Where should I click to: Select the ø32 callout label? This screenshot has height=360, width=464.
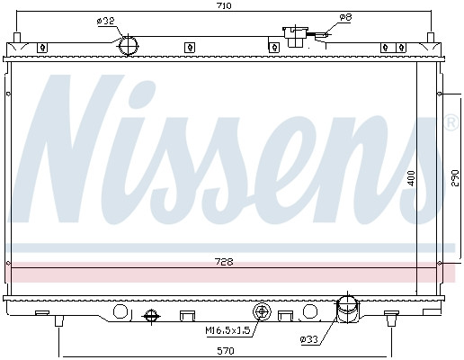(106, 22)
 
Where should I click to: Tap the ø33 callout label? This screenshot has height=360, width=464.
(310, 339)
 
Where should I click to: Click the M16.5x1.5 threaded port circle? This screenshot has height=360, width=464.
(263, 313)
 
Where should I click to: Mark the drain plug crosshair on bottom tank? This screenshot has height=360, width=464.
(150, 316)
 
